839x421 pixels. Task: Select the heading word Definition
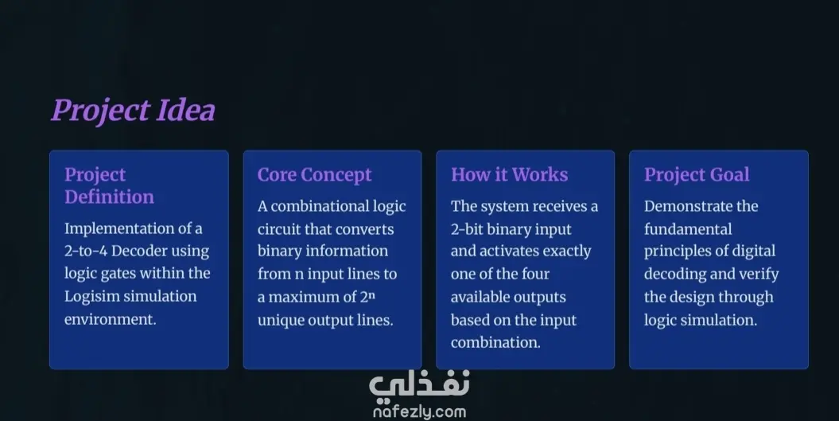pyautogui.click(x=109, y=197)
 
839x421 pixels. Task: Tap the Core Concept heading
pyautogui.click(x=315, y=174)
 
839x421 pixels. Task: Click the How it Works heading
pyautogui.click(x=510, y=174)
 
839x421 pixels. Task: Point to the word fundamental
pyautogui.click(x=688, y=229)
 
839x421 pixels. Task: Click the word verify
pyautogui.click(x=759, y=275)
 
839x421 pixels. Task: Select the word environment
pyautogui.click(x=109, y=319)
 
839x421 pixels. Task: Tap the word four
pyautogui.click(x=536, y=275)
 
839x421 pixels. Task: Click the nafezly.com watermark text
pyautogui.click(x=420, y=412)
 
